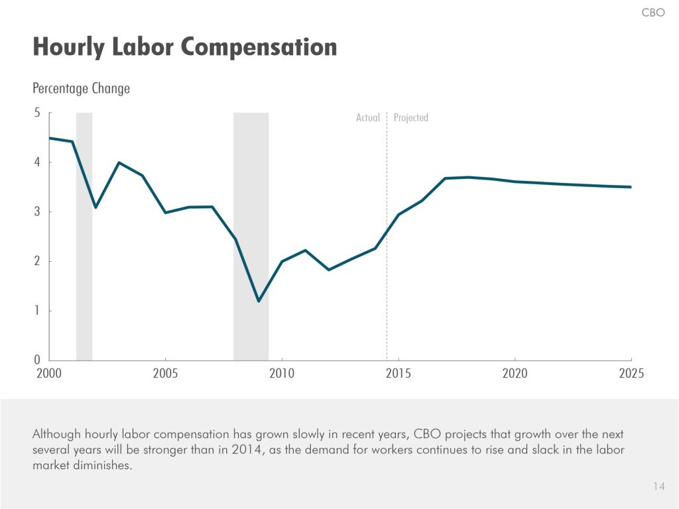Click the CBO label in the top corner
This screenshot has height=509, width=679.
(652, 13)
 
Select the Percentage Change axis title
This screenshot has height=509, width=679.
(81, 88)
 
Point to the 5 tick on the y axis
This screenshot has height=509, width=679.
(37, 113)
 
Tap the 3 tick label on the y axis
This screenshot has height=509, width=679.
(37, 212)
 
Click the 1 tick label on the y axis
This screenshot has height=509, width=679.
(37, 311)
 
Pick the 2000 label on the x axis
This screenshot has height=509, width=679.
(49, 374)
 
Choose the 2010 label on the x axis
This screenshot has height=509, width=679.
(282, 374)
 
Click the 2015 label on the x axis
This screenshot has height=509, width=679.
(399, 374)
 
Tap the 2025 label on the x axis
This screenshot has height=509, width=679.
(631, 374)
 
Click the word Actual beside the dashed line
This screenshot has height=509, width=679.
(368, 118)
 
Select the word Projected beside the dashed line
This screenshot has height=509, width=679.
(411, 118)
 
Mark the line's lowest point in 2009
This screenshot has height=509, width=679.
(259, 301)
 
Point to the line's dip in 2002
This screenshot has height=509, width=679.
(95, 207)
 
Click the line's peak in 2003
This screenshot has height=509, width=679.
(119, 162)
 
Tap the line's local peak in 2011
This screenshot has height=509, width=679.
(305, 250)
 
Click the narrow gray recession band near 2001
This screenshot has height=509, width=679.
(84, 265)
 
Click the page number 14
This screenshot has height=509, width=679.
(658, 486)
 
